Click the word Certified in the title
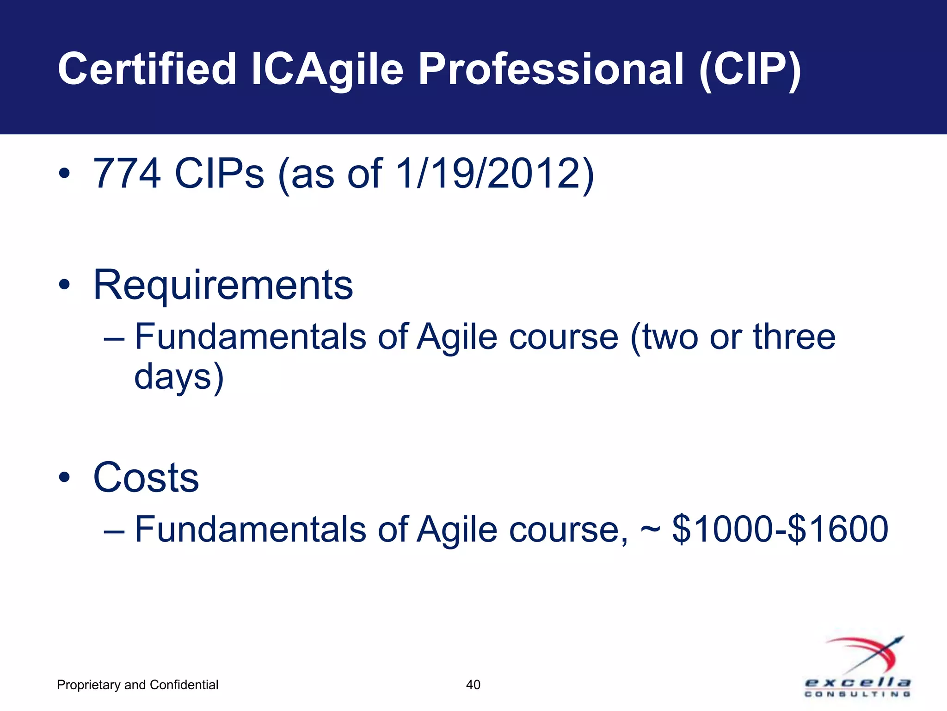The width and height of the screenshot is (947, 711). click(x=147, y=69)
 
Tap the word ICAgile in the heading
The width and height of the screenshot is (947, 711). click(x=327, y=69)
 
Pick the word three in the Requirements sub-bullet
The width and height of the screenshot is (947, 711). click(x=794, y=337)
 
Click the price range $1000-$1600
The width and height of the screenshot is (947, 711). click(x=780, y=529)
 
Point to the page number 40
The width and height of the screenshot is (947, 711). click(x=473, y=685)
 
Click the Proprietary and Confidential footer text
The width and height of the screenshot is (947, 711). click(x=137, y=685)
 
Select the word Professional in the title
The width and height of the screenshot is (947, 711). click(x=550, y=69)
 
